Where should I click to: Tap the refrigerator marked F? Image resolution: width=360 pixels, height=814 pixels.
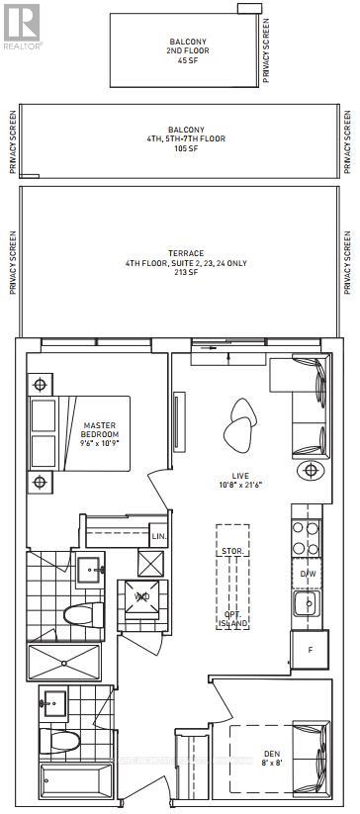click(309, 650)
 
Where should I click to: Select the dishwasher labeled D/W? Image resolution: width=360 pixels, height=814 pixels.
click(308, 573)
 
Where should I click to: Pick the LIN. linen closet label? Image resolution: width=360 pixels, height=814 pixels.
click(158, 536)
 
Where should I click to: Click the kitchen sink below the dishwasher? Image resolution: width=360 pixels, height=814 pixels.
click(307, 602)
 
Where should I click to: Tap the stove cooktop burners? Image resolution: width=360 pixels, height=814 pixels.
click(306, 539)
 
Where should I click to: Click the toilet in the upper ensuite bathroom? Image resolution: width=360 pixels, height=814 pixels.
click(81, 614)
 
